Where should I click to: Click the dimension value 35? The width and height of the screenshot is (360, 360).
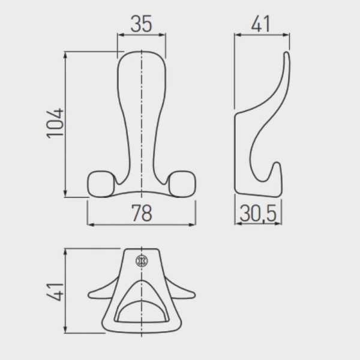pyautogui.click(x=141, y=23)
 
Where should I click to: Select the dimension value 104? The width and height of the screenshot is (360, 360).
pyautogui.click(x=55, y=123)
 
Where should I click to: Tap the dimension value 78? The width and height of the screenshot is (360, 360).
pyautogui.click(x=142, y=213)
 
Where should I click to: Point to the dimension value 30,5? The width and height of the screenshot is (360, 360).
pyautogui.click(x=258, y=214)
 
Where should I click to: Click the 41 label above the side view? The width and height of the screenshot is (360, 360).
pyautogui.click(x=260, y=23)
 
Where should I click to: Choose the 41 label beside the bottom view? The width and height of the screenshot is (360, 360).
pyautogui.click(x=55, y=292)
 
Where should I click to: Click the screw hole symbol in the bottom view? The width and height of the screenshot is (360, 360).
pyautogui.click(x=142, y=261)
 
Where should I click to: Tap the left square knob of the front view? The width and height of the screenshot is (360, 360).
pyautogui.click(x=101, y=184)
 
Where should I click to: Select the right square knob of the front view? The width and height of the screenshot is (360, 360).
pyautogui.click(x=182, y=184)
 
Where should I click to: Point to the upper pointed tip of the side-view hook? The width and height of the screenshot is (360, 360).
pyautogui.click(x=287, y=53)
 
